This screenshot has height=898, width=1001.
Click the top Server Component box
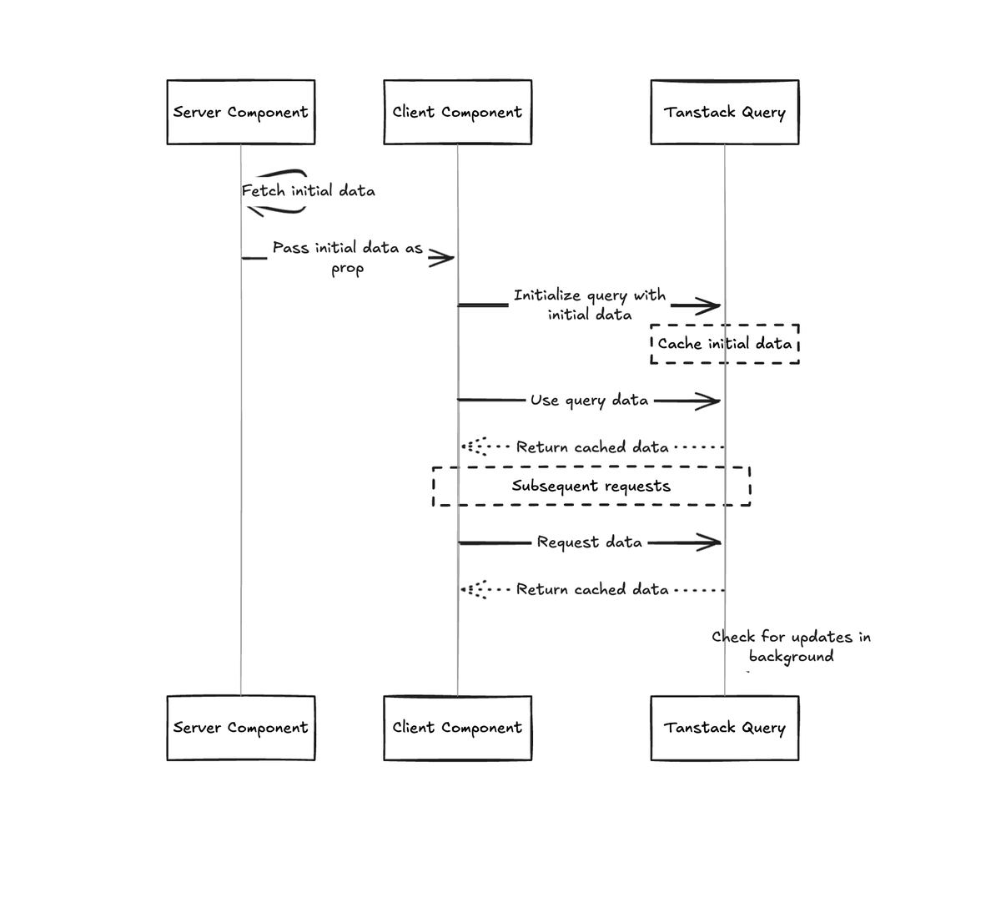pyautogui.click(x=240, y=112)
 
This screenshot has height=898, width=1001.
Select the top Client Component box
pyautogui.click(x=457, y=112)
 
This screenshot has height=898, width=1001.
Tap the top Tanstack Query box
pyautogui.click(x=724, y=112)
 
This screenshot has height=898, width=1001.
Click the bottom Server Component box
pyautogui.click(x=240, y=728)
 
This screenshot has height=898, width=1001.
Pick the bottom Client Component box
pyautogui.click(x=457, y=728)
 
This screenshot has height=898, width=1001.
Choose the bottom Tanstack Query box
pyautogui.click(x=724, y=728)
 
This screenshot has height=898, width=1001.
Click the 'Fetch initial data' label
pyautogui.click(x=309, y=191)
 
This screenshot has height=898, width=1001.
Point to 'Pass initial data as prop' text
pyautogui.click(x=348, y=256)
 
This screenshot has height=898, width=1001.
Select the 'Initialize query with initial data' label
pyautogui.click(x=590, y=305)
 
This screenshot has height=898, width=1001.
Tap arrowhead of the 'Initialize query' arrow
pyautogui.click(x=709, y=306)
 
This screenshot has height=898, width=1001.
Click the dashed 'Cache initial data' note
pyautogui.click(x=724, y=344)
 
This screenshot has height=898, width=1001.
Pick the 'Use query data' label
pyautogui.click(x=590, y=401)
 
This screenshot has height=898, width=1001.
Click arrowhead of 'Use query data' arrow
pyautogui.click(x=709, y=401)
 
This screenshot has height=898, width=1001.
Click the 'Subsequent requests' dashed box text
pyautogui.click(x=591, y=486)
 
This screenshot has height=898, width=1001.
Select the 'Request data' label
pyautogui.click(x=590, y=542)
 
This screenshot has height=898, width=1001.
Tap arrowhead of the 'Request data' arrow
pyautogui.click(x=709, y=543)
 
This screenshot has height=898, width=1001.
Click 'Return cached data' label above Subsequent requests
pyautogui.click(x=592, y=447)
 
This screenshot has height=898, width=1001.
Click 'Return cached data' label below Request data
pyautogui.click(x=592, y=590)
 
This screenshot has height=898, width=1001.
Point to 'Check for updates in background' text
pyautogui.click(x=791, y=647)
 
